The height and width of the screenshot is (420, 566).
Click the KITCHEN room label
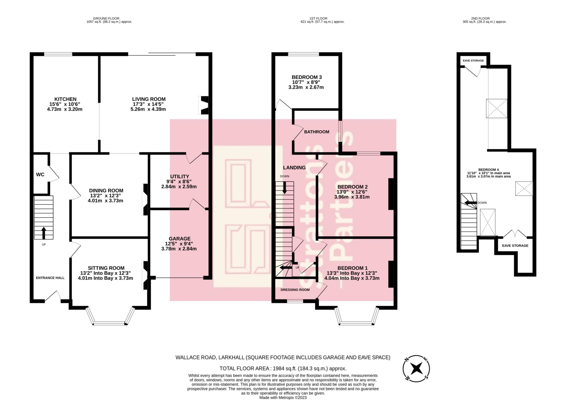(65, 99)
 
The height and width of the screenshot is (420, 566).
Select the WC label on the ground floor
(40, 175)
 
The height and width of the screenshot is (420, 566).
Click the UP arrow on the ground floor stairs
(44, 233)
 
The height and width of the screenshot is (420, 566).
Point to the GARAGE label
(180, 239)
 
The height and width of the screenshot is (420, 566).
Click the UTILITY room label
(180, 176)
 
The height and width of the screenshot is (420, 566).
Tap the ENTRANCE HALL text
(50, 278)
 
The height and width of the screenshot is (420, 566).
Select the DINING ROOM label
(106, 191)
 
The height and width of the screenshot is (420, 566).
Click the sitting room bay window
(110, 322)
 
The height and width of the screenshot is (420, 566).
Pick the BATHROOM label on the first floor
(316, 132)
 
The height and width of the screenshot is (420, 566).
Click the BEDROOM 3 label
(306, 77)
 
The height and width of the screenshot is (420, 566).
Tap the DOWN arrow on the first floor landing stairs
(284, 188)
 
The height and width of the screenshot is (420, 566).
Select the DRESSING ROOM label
(295, 290)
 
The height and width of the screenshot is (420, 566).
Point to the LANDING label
(294, 168)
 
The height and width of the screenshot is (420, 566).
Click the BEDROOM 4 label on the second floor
(488, 170)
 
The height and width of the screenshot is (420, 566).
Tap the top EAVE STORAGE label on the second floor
(473, 60)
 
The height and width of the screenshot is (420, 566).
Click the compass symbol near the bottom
(416, 369)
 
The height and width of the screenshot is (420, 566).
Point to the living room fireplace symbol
(204, 105)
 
